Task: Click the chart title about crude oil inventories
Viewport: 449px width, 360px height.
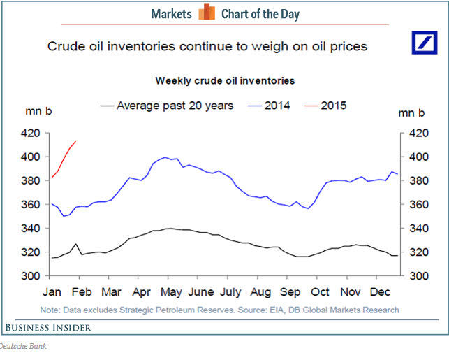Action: (x=207, y=47)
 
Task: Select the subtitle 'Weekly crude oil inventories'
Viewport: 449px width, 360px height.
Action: (x=225, y=81)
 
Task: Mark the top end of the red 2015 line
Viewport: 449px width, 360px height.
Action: (x=75, y=141)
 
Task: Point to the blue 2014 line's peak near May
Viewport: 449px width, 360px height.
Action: (x=165, y=157)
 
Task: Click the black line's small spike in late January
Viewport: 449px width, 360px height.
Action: (x=75, y=244)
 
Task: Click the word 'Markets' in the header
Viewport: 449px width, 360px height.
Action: (x=170, y=14)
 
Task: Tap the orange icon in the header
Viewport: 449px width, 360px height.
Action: (x=206, y=13)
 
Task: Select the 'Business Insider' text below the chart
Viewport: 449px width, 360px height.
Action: (x=48, y=326)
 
